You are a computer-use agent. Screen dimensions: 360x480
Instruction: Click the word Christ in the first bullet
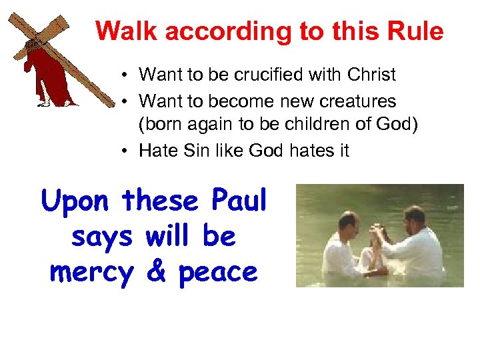pos(372,75)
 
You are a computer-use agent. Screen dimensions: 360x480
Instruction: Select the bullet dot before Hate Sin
pos(126,151)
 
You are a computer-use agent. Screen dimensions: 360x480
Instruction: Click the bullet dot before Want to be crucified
pos(126,75)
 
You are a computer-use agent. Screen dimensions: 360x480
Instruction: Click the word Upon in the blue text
pos(77,201)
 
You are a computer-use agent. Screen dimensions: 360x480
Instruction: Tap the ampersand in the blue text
pos(155,271)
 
